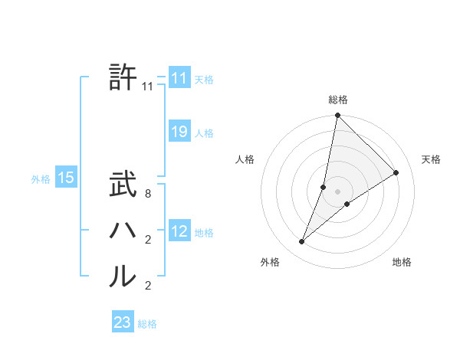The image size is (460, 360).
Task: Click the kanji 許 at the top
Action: pyautogui.click(x=123, y=77)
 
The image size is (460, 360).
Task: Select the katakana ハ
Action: pyautogui.click(x=123, y=231)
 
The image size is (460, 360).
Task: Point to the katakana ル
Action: pyautogui.click(x=123, y=276)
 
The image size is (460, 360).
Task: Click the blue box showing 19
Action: pyautogui.click(x=179, y=132)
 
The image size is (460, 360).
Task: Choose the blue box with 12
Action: pyautogui.click(x=179, y=231)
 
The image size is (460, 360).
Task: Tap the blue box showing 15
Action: pyautogui.click(x=66, y=178)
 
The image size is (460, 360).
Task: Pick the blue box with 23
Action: pyautogui.click(x=123, y=322)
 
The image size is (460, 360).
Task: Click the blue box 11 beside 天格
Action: pyautogui.click(x=179, y=78)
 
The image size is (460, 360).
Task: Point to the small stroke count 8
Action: pyautogui.click(x=148, y=195)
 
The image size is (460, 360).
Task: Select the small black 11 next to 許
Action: pyautogui.click(x=148, y=87)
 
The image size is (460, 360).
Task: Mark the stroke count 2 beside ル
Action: pyautogui.click(x=148, y=286)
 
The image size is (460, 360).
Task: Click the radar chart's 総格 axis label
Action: pyautogui.click(x=338, y=100)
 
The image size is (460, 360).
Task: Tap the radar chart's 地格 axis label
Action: pyautogui.click(x=402, y=263)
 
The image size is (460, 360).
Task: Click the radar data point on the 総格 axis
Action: pyautogui.click(x=338, y=116)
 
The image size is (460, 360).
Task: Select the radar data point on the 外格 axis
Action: pyautogui.click(x=302, y=242)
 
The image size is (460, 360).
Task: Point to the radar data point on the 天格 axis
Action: pyautogui.click(x=396, y=172)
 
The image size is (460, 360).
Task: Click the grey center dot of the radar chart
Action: pyautogui.click(x=338, y=191)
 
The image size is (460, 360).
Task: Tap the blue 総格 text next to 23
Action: pyautogui.click(x=147, y=324)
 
